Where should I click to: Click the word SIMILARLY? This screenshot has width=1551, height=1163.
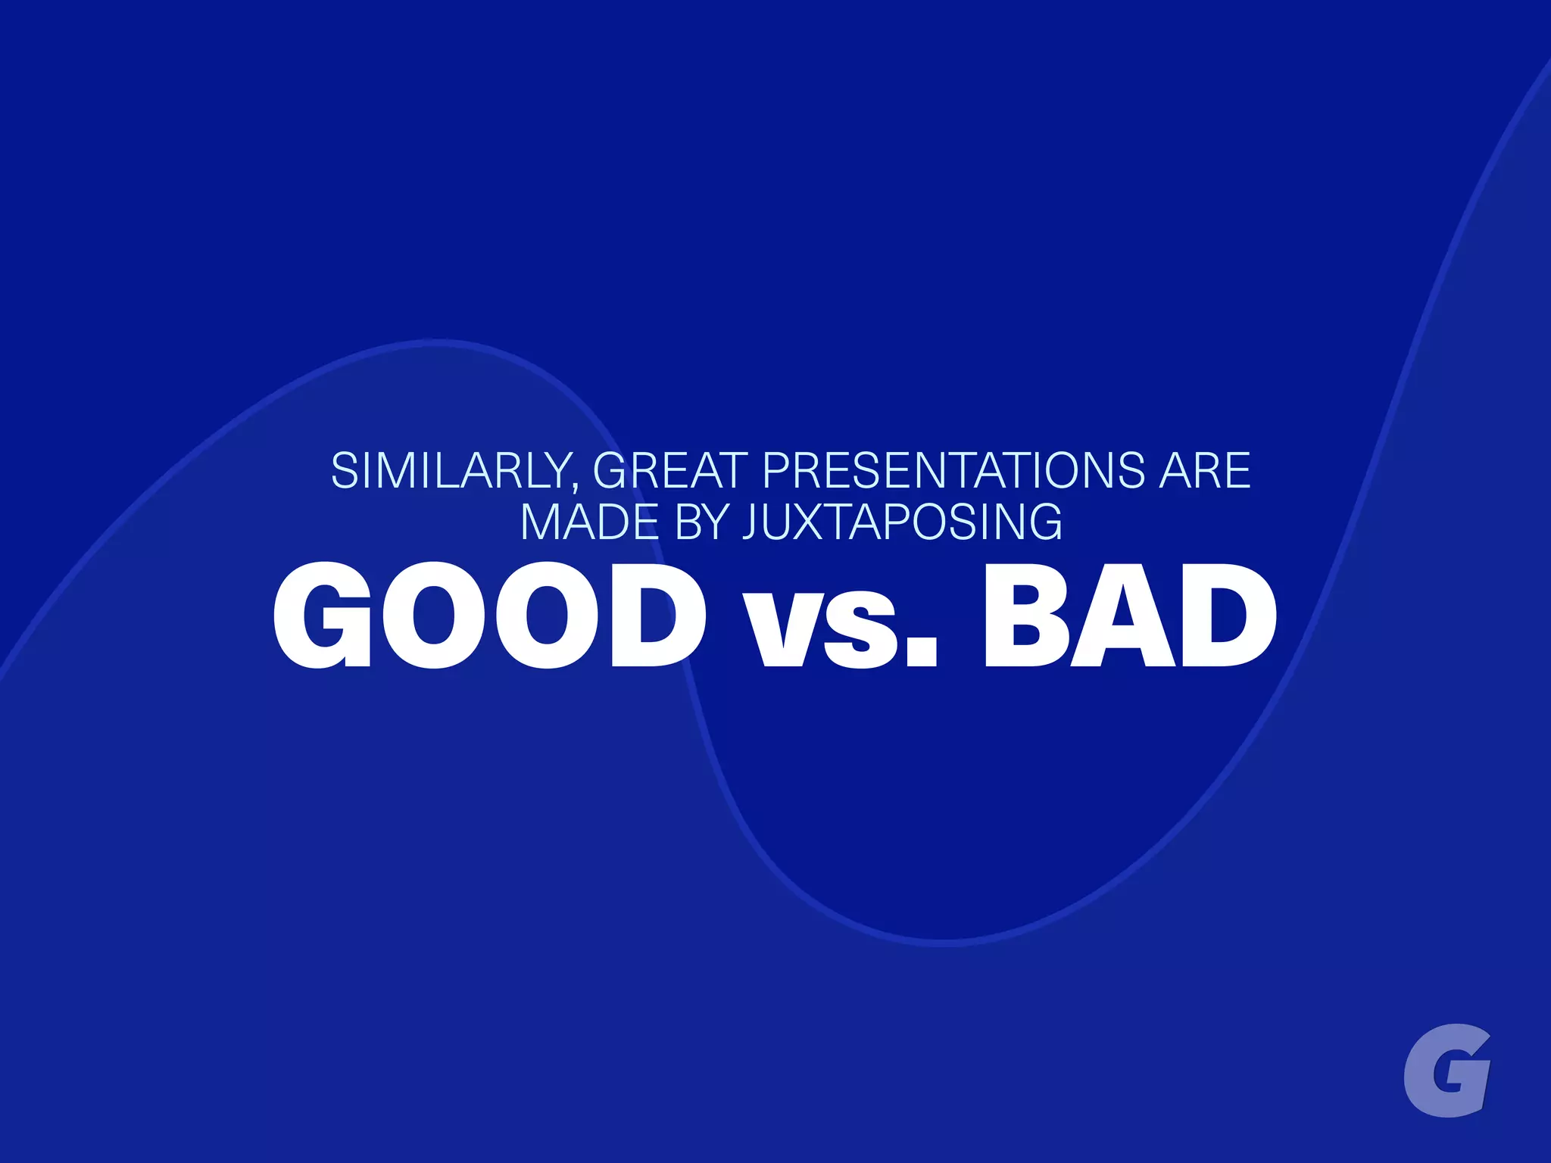tap(451, 471)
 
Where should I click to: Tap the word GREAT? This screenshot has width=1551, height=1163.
tap(670, 471)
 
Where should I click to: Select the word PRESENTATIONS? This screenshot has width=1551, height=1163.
tap(953, 471)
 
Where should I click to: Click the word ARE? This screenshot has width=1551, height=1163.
tap(1204, 471)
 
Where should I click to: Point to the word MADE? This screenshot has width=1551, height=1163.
tap(590, 522)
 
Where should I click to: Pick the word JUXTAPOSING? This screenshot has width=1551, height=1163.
tap(902, 522)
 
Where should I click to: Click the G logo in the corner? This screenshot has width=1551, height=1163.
tap(1446, 1070)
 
